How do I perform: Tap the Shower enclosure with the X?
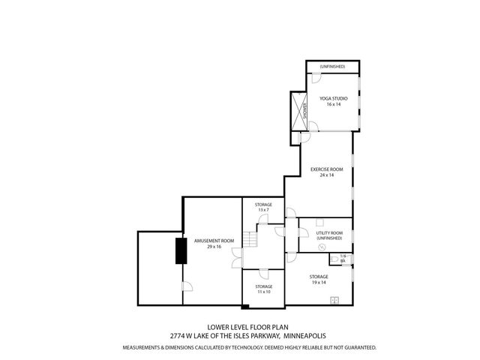pos(299,110)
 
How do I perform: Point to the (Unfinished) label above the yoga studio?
pos(332,67)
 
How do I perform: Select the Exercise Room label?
pos(326,169)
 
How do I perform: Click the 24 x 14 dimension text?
pos(326,175)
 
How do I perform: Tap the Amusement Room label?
pos(214,240)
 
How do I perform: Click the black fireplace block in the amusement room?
pos(181,250)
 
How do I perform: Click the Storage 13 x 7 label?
pos(262,205)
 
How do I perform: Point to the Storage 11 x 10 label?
pos(262,286)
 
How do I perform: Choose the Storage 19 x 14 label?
pos(319,277)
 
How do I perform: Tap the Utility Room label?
pos(329,233)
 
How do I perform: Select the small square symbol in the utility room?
pos(319,222)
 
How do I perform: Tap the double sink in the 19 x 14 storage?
pos(334,300)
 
